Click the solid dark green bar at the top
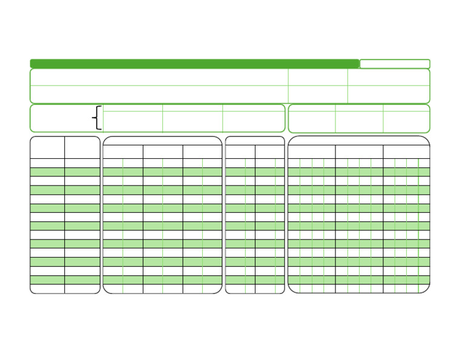pyautogui.click(x=194, y=64)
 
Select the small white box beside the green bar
pyautogui.click(x=395, y=64)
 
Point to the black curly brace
pyautogui.click(x=97, y=118)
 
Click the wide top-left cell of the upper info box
pyautogui.click(x=159, y=77)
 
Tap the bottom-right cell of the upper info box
pyautogui.click(x=388, y=95)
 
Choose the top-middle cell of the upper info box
pyautogui.click(x=318, y=77)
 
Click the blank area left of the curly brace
pyautogui.click(x=61, y=118)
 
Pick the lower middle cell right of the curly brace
pyautogui.click(x=193, y=121)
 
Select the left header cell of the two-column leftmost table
pyautogui.click(x=47, y=147)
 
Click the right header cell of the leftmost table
pyautogui.click(x=82, y=147)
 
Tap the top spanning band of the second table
pyautogui.click(x=162, y=141)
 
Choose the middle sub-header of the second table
pyautogui.click(x=163, y=152)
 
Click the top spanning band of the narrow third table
pyautogui.click(x=255, y=141)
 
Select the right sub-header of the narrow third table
pyautogui.click(x=269, y=152)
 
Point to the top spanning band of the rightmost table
pyautogui.click(x=358, y=141)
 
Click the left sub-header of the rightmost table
pyautogui.click(x=312, y=152)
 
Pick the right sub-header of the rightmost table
pyautogui.click(x=406, y=152)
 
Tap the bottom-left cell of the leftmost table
pyautogui.click(x=47, y=289)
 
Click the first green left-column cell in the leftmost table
pyautogui.click(x=47, y=172)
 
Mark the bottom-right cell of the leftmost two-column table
pyautogui.click(x=82, y=289)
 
